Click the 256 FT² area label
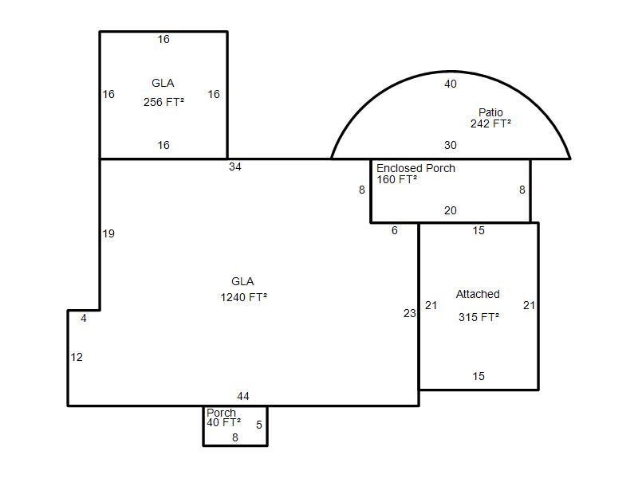(163, 102)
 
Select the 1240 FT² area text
(244, 297)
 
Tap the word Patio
(490, 112)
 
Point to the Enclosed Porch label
(415, 168)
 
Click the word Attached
(478, 294)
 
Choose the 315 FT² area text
(479, 317)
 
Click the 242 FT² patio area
(490, 123)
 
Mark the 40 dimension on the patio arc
(451, 84)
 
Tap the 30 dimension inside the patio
(451, 145)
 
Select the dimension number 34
(235, 167)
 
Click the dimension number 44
(243, 396)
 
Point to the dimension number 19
(108, 233)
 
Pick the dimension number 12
(77, 357)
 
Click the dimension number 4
(84, 318)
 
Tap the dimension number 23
(410, 313)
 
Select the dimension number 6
(394, 230)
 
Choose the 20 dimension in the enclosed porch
(451, 210)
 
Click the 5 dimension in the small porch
(259, 425)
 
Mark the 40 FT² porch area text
(223, 423)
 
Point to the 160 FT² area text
(396, 180)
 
